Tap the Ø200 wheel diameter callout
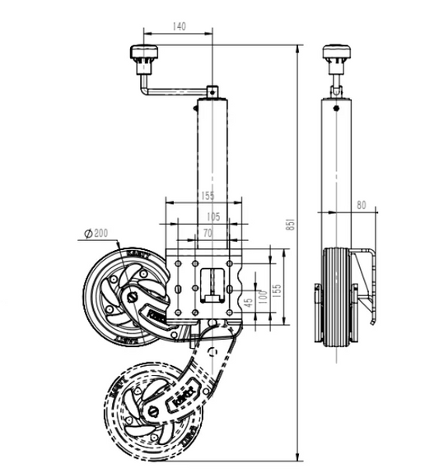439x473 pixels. click(96, 234)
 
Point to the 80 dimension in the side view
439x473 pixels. click(361, 206)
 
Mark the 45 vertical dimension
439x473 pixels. click(247, 301)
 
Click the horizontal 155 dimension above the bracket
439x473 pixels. click(205, 197)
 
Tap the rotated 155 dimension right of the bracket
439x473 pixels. click(278, 290)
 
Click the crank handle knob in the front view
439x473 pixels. click(143, 58)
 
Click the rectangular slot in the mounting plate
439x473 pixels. click(214, 283)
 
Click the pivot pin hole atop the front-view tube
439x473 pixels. click(212, 90)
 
